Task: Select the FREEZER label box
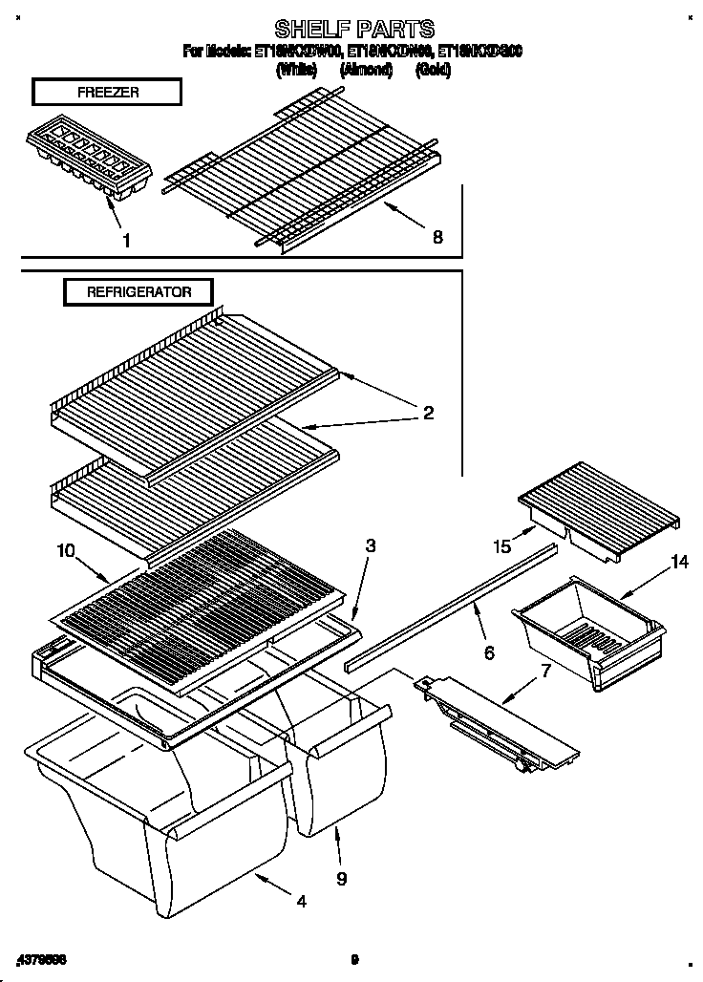[x=105, y=93]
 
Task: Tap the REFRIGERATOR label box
[x=138, y=292]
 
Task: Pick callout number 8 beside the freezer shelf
[x=437, y=237]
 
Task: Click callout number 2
[x=428, y=413]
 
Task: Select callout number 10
[x=64, y=550]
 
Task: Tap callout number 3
[x=371, y=546]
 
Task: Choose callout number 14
[x=678, y=563]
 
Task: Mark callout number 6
[x=488, y=653]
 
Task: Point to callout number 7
[x=545, y=669]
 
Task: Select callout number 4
[x=301, y=901]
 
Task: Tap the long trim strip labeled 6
[x=449, y=605]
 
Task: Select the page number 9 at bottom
[x=353, y=959]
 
